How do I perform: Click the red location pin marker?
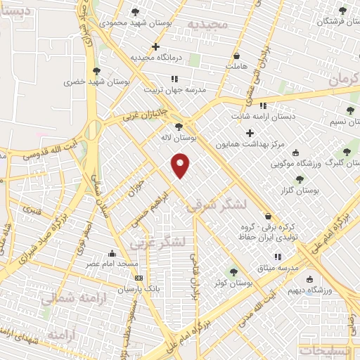pos(181,165)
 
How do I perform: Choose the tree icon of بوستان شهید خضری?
pos(96,70)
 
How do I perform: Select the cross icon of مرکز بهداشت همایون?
pos(250,133)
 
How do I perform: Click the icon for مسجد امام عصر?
pos(112,254)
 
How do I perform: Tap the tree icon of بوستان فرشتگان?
pos(342,11)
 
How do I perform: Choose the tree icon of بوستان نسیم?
pos(350,110)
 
